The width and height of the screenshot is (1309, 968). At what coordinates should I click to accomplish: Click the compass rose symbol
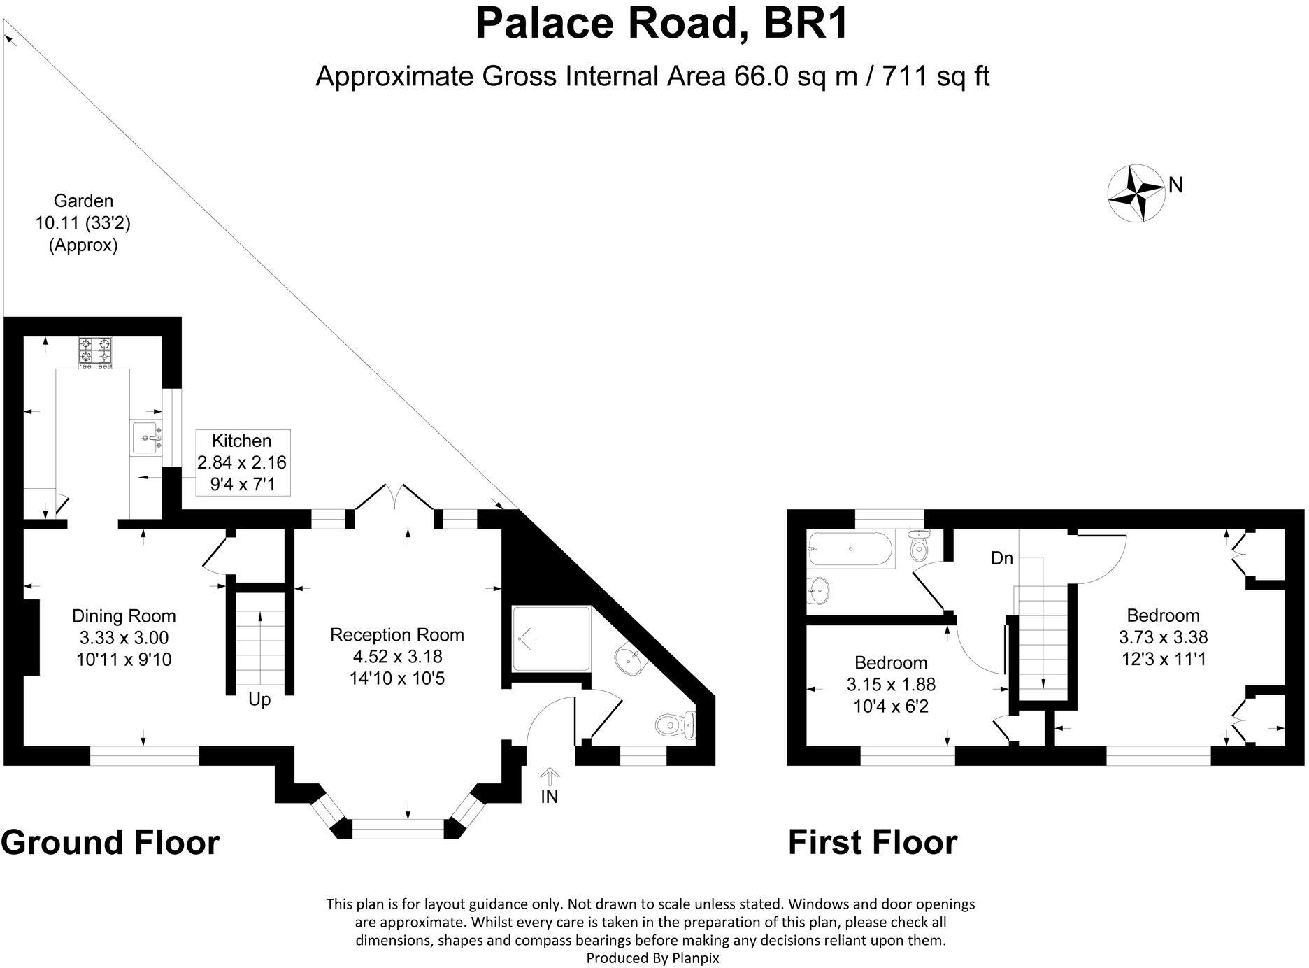coord(1136,194)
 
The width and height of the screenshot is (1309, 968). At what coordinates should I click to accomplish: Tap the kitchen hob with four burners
coord(95,352)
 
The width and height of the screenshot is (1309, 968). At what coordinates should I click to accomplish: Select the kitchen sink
coord(146,438)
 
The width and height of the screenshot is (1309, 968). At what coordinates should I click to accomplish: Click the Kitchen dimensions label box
coord(242,462)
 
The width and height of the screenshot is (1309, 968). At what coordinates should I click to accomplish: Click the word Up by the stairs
coord(259,699)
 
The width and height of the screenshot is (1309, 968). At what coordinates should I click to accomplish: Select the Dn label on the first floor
coord(1002,558)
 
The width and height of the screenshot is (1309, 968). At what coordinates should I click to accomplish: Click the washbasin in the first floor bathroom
coord(818,591)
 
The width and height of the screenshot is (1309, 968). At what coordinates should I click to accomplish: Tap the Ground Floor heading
coord(110,842)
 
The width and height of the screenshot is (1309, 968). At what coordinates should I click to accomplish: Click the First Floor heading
coord(873,842)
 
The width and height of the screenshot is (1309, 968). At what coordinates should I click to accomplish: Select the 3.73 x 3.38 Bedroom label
coord(1164,637)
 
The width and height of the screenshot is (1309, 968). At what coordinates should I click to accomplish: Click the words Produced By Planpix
coord(652,958)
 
